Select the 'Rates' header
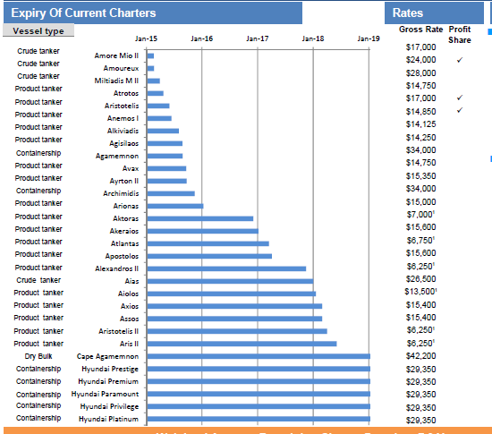tap(408, 13)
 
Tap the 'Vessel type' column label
tap(38, 30)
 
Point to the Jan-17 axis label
tap(258, 38)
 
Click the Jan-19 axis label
tap(369, 38)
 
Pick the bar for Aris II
tap(241, 344)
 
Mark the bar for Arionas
tap(174, 206)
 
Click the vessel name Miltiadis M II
tap(115, 81)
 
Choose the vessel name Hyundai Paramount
tap(105, 394)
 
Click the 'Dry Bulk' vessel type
tap(38, 356)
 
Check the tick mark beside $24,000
tap(459, 60)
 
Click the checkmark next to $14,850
tap(459, 110)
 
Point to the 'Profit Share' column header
tap(459, 35)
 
